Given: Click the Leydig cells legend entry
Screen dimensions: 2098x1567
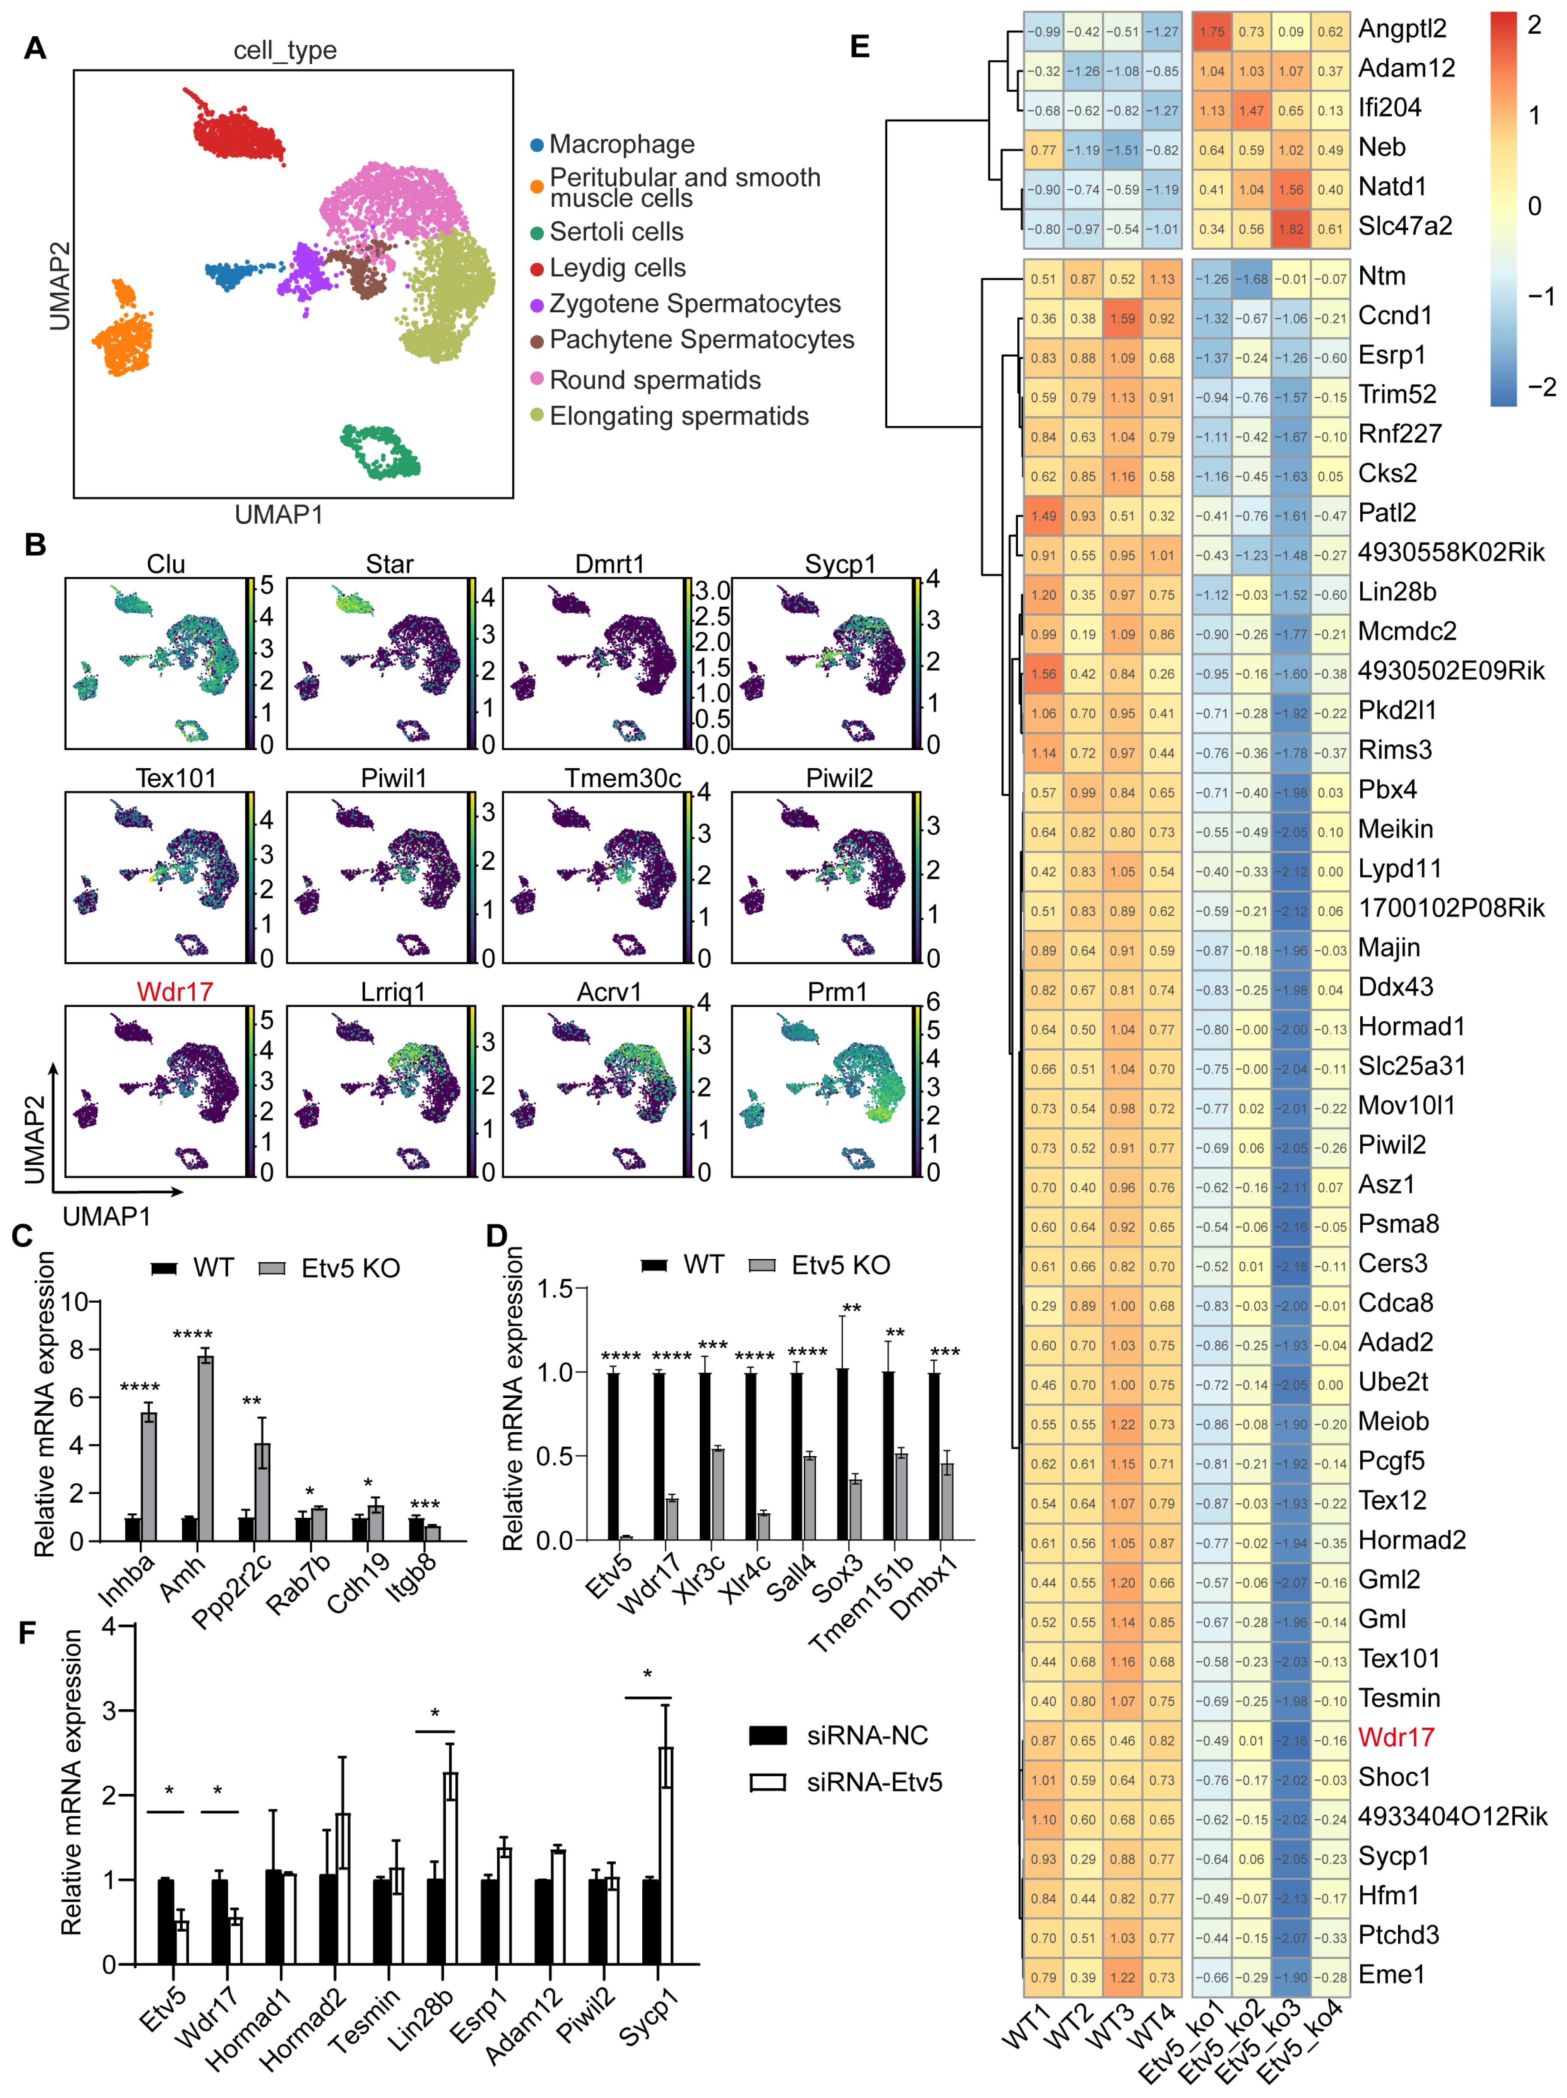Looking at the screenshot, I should tap(616, 269).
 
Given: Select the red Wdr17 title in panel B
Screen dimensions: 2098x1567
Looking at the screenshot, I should tap(175, 992).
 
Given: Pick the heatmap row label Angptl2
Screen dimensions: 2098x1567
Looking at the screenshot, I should tap(1402, 30).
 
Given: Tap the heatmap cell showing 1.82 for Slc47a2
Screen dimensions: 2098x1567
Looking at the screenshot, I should tap(1291, 228).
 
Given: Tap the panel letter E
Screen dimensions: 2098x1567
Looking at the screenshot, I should tap(860, 46).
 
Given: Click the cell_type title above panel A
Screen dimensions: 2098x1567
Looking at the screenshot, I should tap(285, 50).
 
